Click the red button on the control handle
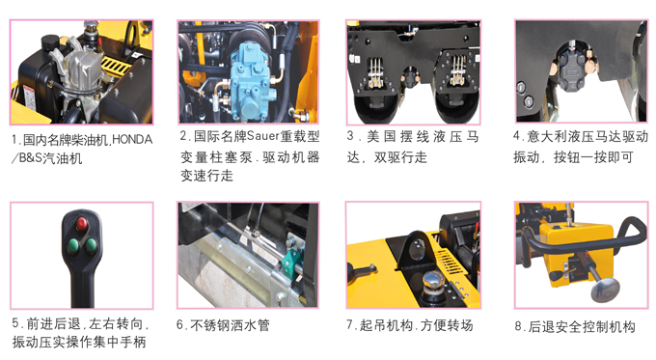(x=80, y=224)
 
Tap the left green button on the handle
(x=71, y=244)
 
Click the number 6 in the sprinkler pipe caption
(x=180, y=326)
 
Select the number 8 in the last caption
(x=518, y=327)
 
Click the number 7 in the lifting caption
(x=351, y=326)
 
